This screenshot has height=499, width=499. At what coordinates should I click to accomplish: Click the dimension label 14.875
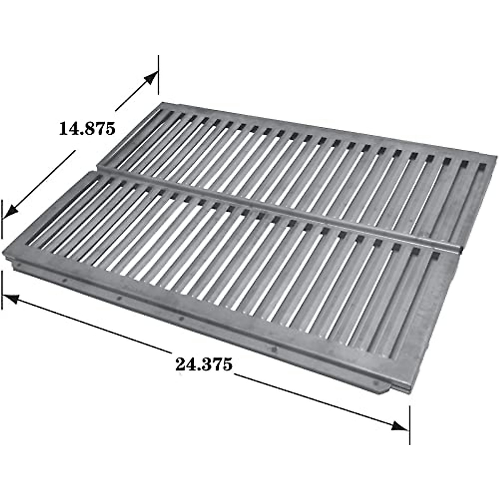[x=86, y=128]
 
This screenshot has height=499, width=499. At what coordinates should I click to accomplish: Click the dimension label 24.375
[x=203, y=364]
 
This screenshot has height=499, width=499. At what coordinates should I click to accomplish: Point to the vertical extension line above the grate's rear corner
[x=158, y=75]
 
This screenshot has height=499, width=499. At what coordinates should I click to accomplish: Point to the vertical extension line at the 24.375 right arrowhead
[x=410, y=424]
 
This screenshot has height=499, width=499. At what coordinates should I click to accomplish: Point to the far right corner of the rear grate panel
[x=496, y=157]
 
